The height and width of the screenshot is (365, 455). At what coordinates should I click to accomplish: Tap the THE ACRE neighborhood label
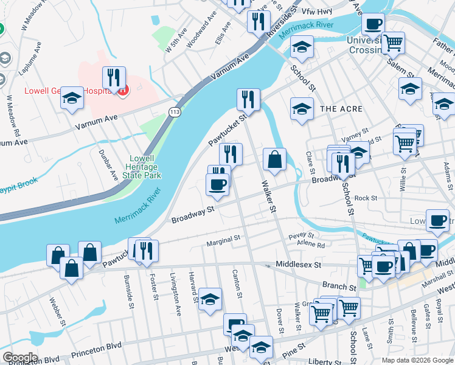[341, 109]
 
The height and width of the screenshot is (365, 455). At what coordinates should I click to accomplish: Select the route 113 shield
[175, 111]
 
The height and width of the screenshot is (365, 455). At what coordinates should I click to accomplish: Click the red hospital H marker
[123, 91]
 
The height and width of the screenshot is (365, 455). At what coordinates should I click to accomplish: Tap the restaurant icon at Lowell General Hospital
[114, 78]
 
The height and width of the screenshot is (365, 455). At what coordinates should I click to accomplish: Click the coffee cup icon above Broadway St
[217, 183]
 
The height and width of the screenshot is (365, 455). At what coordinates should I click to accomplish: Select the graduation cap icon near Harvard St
[210, 299]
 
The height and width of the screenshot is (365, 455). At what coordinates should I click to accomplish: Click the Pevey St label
[301, 235]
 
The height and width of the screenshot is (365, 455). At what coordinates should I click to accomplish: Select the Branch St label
[339, 286]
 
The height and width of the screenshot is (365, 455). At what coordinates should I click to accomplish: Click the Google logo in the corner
[19, 358]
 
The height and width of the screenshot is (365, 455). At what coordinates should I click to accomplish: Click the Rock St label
[366, 198]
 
